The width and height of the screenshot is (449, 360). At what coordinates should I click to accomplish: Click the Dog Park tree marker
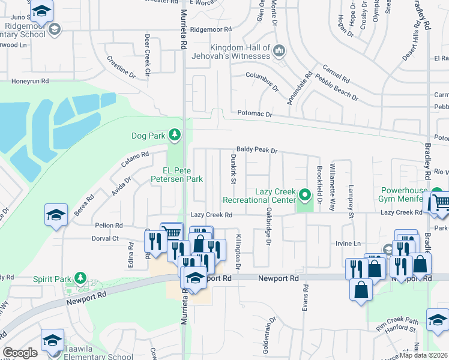tap(175, 134)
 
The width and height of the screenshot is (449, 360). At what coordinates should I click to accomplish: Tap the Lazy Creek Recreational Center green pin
tap(305, 194)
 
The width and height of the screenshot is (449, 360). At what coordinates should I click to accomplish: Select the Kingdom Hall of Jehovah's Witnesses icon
tap(279, 51)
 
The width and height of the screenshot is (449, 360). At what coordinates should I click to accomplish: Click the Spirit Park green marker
tap(81, 278)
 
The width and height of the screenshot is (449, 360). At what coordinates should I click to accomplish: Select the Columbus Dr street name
tap(262, 80)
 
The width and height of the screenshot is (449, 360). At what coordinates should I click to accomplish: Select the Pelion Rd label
tap(109, 226)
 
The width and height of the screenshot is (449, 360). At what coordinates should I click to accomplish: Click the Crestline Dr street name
tap(121, 66)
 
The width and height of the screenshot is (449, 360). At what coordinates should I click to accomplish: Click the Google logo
tap(20, 353)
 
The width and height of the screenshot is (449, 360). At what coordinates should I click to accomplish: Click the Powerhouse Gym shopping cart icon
tap(440, 202)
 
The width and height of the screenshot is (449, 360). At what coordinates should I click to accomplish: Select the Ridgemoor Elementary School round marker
tap(55, 29)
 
